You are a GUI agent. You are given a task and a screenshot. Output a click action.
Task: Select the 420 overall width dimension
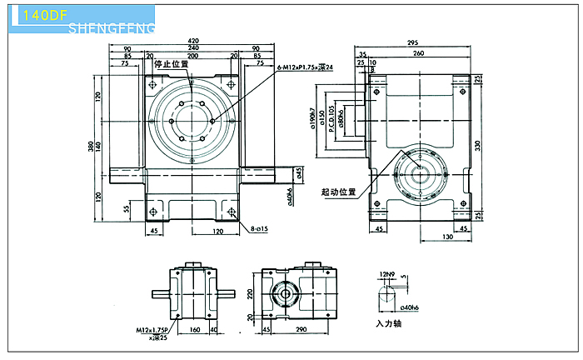[x=193, y=40]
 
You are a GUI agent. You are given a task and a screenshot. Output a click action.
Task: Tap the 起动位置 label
[x=338, y=191]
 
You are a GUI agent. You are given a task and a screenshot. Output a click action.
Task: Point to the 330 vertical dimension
[x=479, y=145]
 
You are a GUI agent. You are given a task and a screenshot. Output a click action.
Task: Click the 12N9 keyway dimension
[x=385, y=273]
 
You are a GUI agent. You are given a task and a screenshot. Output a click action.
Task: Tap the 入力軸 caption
[x=388, y=322]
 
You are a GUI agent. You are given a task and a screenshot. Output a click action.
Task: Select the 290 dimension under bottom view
[x=302, y=330]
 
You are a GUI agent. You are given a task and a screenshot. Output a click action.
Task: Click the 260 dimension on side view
[x=417, y=52]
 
